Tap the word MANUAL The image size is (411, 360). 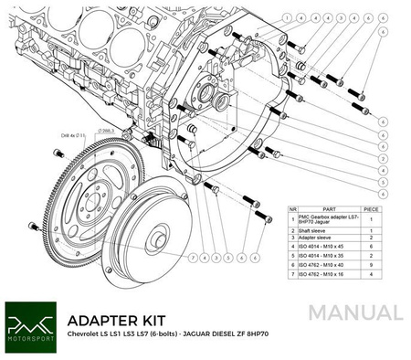click(x=354, y=314)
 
